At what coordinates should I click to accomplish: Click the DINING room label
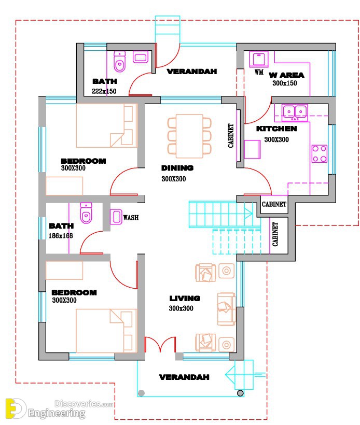[x=177, y=168]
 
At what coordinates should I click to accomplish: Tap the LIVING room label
[x=185, y=299]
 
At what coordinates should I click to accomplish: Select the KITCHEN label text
[x=276, y=129]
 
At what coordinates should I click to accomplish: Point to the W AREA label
[x=286, y=75]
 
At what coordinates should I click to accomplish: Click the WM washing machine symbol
[x=259, y=59]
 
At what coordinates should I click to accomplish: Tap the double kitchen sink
[x=295, y=112]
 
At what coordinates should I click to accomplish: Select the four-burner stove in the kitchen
[x=320, y=154]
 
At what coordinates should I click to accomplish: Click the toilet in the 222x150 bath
[x=119, y=61]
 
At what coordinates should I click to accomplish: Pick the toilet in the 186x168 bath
[x=86, y=213]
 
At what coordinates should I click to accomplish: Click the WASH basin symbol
[x=116, y=217]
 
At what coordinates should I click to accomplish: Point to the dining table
[x=189, y=136]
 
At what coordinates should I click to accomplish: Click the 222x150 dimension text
[x=104, y=91]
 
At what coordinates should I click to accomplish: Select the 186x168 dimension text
[x=61, y=235]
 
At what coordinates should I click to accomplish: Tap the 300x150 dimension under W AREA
[x=285, y=83]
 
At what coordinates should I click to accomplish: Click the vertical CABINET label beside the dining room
[x=231, y=135]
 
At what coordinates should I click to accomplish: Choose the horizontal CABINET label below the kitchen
[x=274, y=204]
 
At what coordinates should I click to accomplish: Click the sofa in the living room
[x=227, y=309]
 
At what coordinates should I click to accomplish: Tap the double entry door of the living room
[x=160, y=345]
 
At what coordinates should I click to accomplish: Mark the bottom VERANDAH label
[x=184, y=377]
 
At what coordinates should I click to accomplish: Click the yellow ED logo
[x=15, y=408]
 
